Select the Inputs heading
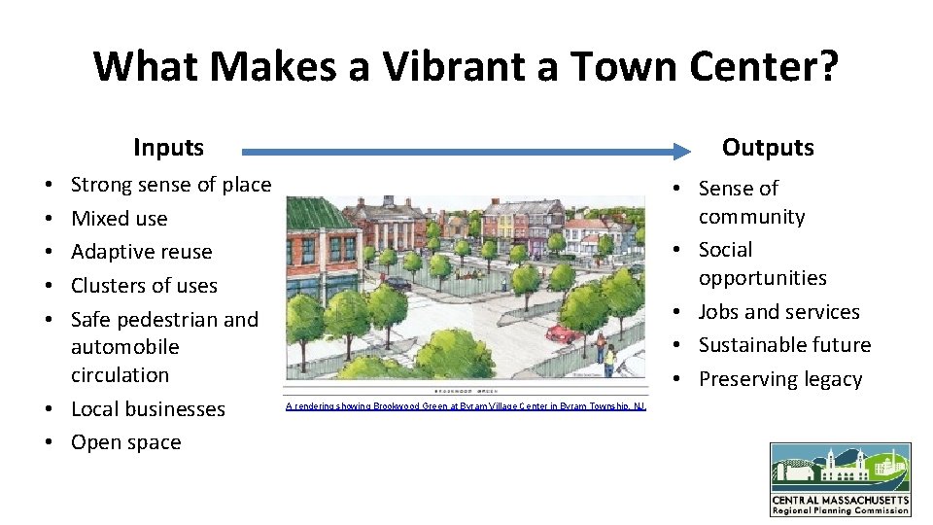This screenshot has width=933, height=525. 168,148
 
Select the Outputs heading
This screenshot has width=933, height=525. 767,148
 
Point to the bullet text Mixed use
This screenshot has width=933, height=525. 119,219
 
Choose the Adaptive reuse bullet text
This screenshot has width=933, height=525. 141,252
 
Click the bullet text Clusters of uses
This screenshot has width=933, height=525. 144,286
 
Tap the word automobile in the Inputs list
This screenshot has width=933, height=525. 124,347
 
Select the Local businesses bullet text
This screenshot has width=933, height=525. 148,409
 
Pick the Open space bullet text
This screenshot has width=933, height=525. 125,442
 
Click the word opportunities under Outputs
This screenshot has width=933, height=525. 762,278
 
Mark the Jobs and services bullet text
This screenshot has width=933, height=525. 778,312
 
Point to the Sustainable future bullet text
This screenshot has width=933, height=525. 784,345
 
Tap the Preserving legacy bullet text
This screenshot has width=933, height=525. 779,379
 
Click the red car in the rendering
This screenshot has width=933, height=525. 564,332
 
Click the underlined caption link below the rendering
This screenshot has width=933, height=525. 465,405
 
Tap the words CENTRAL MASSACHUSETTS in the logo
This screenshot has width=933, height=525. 841,500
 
